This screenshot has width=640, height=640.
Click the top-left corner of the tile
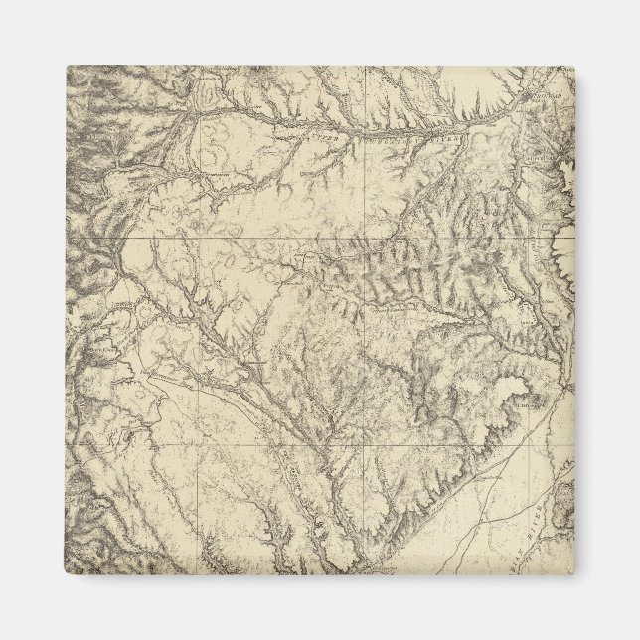pyautogui.click(x=67, y=67)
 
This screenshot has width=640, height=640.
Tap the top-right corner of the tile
pyautogui.click(x=573, y=67)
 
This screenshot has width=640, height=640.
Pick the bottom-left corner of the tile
pyautogui.click(x=67, y=573)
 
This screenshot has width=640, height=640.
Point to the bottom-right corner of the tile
pyautogui.click(x=573, y=573)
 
